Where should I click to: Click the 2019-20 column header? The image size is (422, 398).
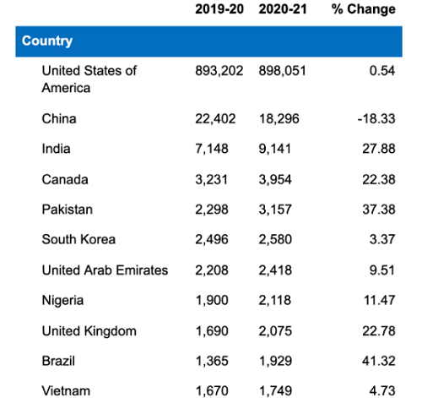(219, 9)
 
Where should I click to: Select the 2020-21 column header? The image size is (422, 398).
(283, 9)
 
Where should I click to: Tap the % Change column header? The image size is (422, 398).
(364, 9)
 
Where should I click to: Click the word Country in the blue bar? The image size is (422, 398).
(47, 41)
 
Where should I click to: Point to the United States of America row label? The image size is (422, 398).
(89, 79)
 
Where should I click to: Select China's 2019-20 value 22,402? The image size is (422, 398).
(215, 118)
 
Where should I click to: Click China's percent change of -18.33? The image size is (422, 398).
(376, 118)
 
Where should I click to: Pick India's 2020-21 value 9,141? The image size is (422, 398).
(275, 149)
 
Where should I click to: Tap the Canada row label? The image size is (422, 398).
(65, 179)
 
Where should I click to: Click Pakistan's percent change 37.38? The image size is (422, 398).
(379, 210)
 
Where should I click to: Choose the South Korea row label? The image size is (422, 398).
(78, 239)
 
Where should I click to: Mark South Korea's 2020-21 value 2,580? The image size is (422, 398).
(275, 239)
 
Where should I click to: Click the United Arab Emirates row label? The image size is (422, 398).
(105, 270)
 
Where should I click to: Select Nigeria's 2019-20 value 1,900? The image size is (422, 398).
(212, 300)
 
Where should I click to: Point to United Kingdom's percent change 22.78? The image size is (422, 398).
(379, 330)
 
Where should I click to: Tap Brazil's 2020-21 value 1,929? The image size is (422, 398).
(275, 361)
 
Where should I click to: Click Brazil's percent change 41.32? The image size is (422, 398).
(379, 361)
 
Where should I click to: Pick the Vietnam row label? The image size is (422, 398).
(66, 391)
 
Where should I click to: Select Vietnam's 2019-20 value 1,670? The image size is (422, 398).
(212, 391)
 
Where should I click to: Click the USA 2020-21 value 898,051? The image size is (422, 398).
(283, 71)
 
